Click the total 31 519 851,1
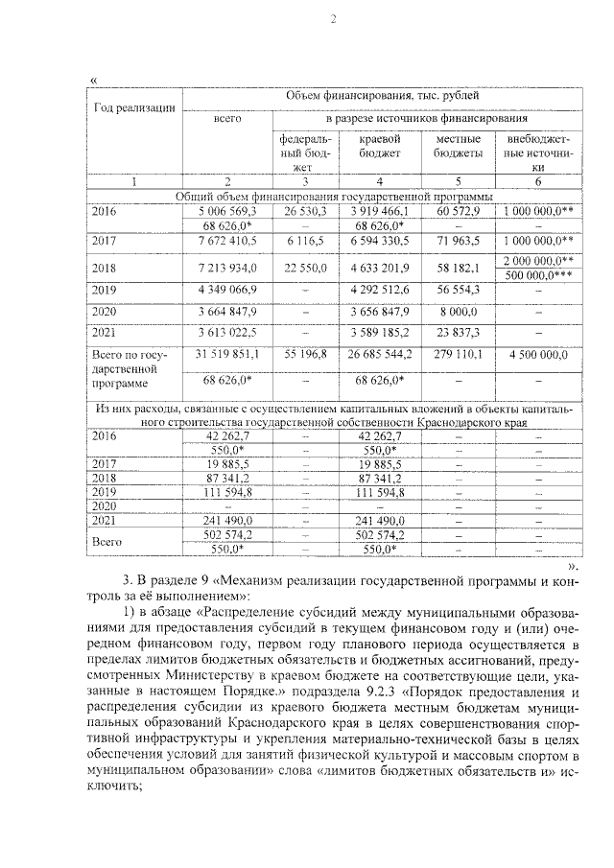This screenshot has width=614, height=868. pos(226,355)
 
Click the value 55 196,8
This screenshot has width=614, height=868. pos(304,355)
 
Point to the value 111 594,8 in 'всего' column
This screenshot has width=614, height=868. pos(226,492)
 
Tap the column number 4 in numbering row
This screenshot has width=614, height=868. pos(381,181)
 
